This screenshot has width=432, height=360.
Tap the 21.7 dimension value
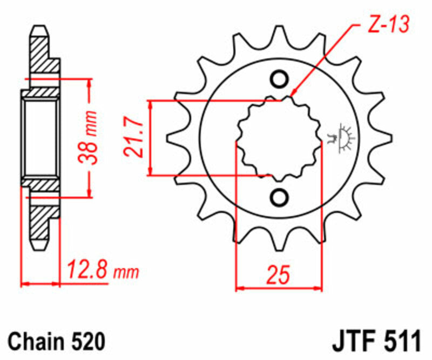[x=135, y=138]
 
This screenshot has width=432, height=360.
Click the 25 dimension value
[x=279, y=274]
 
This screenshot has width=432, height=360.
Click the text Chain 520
[x=57, y=342]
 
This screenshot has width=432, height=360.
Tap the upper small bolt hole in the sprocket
[x=279, y=80]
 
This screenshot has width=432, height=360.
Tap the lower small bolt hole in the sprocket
[x=279, y=197]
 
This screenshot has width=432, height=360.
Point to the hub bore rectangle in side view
[x=40, y=138]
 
